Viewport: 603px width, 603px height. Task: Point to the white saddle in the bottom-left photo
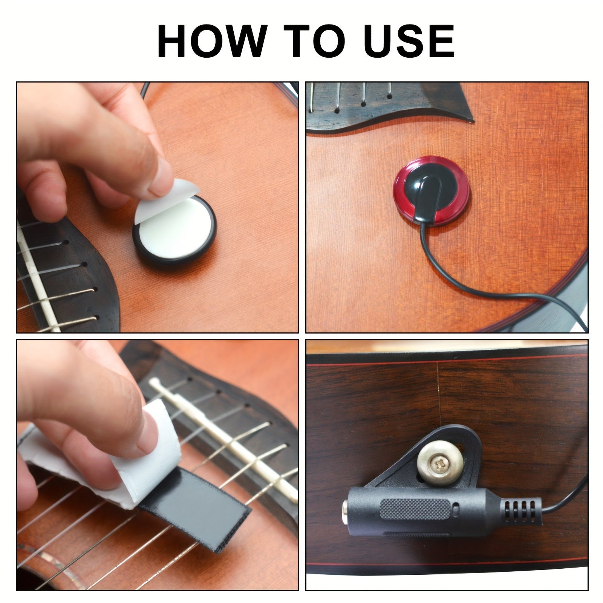(x=226, y=433)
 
